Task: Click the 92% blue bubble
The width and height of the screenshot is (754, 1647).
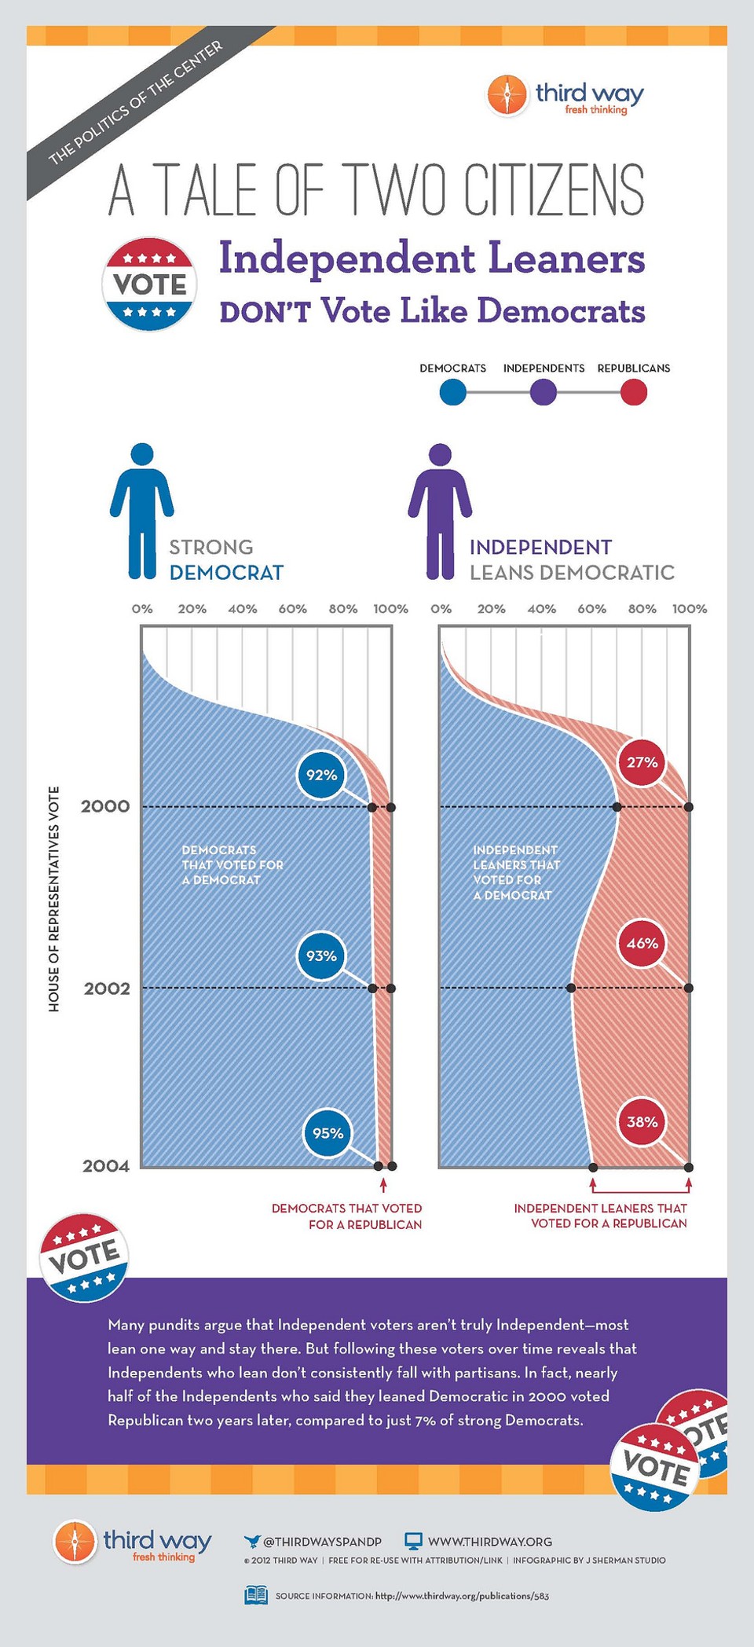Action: [x=321, y=775]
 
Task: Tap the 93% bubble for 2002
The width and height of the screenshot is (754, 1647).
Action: [x=321, y=956]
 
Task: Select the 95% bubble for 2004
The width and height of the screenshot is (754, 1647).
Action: [x=328, y=1133]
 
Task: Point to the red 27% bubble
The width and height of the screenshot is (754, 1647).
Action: [x=642, y=761]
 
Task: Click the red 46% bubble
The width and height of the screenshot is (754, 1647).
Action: [x=642, y=943]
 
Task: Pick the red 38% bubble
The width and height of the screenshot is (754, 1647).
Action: [x=642, y=1121]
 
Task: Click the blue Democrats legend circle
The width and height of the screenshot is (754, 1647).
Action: [x=452, y=391]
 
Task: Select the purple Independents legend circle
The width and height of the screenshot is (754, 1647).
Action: [x=544, y=391]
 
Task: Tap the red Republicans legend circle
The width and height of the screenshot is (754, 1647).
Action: [x=634, y=391]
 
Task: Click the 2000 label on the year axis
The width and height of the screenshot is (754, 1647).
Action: [x=105, y=806]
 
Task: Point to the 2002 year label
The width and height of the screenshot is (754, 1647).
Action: [x=107, y=988]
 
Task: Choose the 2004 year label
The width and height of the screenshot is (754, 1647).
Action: [x=106, y=1166]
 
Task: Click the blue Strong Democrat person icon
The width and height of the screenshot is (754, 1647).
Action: [x=142, y=511]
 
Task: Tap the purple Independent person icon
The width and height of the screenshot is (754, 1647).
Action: [x=440, y=511]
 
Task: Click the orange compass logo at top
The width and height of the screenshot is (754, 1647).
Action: [x=507, y=95]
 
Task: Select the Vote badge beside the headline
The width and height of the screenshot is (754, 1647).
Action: [x=149, y=284]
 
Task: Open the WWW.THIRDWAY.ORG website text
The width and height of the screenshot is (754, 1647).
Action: [x=489, y=1541]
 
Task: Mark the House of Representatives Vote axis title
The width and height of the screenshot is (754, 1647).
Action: [x=54, y=898]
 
